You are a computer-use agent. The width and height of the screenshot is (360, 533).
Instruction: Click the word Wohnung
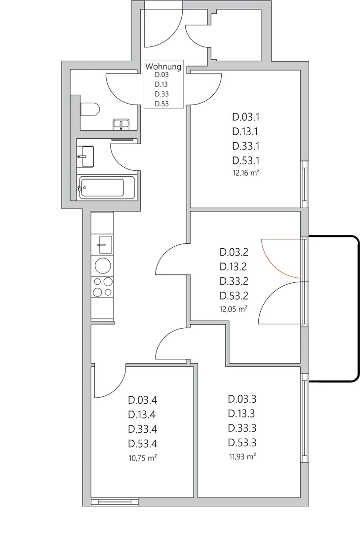coord(163,67)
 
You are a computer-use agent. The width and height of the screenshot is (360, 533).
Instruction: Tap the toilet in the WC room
coord(90,110)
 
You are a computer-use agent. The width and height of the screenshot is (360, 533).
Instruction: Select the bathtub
coord(107,187)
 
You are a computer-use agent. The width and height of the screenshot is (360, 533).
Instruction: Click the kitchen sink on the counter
coord(104,244)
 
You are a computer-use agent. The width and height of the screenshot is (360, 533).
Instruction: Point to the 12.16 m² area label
coord(246,173)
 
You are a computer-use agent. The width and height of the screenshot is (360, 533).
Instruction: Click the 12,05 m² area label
coord(234,309)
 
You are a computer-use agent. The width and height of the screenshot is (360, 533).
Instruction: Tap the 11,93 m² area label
coord(242,457)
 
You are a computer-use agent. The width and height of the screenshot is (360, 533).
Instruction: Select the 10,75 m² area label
coord(143,458)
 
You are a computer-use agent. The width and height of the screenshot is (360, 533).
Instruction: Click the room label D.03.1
coord(246,117)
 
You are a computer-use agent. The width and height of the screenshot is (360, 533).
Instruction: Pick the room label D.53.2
coord(234,296)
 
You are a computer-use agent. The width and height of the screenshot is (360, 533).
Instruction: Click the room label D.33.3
coord(242,428)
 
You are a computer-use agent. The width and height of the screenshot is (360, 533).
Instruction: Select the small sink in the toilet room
coord(121,124)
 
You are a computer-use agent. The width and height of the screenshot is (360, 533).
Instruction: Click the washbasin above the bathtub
coord(85,156)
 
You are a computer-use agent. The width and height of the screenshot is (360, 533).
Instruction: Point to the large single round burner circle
coord(103,266)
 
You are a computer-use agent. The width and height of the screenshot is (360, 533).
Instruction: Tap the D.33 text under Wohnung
coord(161,94)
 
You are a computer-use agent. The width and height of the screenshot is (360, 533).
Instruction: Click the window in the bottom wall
coord(115,502)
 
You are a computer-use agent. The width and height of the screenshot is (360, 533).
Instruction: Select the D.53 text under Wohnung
coord(161,104)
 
